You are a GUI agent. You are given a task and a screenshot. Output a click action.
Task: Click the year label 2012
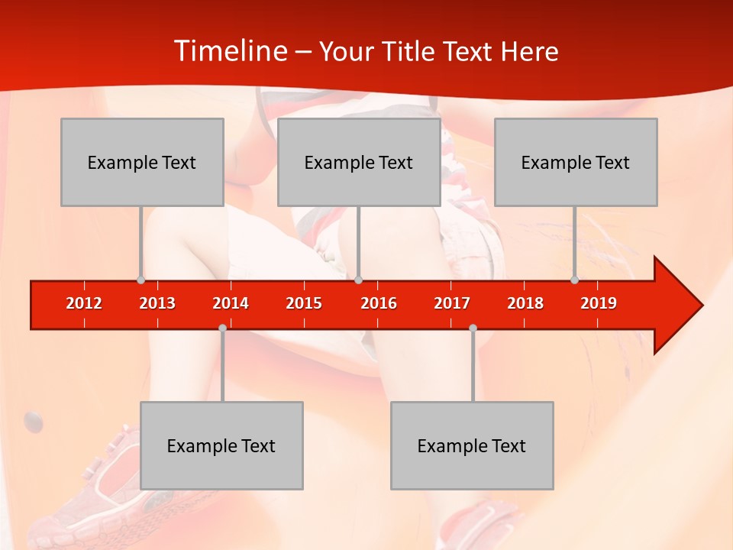84,303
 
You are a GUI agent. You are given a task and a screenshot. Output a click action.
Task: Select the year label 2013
157,303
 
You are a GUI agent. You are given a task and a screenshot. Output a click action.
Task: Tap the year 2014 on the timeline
231,303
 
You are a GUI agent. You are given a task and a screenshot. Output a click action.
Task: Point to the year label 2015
304,303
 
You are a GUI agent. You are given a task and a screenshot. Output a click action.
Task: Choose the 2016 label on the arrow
379,303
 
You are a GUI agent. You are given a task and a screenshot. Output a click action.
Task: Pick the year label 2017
452,303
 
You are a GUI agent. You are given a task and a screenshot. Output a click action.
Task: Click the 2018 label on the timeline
525,303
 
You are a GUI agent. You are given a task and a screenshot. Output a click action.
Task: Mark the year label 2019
599,303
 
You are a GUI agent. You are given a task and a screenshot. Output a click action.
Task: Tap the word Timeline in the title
229,51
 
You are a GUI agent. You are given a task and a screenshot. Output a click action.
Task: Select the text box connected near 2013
142,162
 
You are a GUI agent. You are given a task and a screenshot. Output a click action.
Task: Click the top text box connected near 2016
359,162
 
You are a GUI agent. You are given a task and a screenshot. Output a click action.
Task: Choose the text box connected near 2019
576,162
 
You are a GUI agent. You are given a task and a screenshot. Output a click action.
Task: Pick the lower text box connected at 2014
221,445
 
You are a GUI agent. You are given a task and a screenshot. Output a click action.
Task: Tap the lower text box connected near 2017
472,445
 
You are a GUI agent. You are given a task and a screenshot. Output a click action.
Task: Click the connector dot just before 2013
140,280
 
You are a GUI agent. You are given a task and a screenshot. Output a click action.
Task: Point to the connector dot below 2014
222,328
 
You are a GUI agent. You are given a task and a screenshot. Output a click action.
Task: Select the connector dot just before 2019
574,280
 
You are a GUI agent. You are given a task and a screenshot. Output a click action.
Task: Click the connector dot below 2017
473,328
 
